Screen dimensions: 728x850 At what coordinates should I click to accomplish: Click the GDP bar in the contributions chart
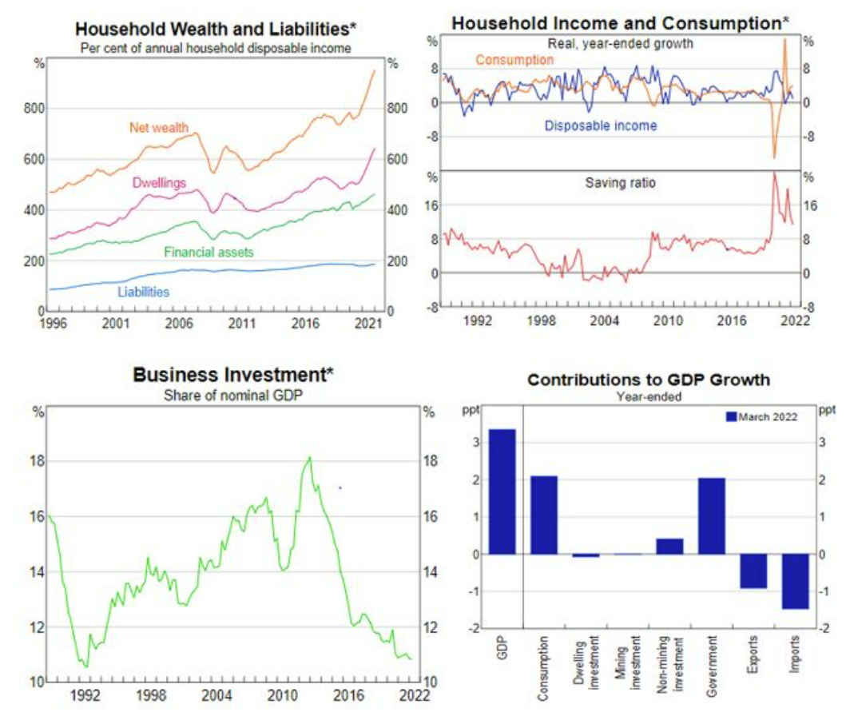tap(502, 491)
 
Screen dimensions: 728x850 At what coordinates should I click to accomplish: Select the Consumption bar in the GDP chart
tap(543, 515)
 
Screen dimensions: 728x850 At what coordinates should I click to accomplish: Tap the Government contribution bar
tap(710, 515)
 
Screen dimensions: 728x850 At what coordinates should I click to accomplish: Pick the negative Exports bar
tap(753, 571)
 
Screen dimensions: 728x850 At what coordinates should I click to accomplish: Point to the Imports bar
tap(795, 581)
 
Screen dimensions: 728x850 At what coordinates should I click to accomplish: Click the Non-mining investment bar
tap(669, 546)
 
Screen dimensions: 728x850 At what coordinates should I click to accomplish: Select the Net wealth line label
tap(159, 126)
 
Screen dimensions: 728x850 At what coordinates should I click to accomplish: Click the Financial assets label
tap(209, 253)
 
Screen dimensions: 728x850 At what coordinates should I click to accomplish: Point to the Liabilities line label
tap(143, 292)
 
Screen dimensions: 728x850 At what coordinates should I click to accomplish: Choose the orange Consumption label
tap(514, 60)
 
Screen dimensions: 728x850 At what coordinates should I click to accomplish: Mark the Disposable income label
tap(600, 125)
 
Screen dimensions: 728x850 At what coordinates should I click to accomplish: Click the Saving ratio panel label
tap(620, 183)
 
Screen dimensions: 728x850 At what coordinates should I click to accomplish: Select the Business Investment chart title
tap(233, 374)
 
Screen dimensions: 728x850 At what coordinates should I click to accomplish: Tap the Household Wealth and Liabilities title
tap(216, 28)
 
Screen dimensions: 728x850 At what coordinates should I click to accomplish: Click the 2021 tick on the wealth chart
tap(367, 324)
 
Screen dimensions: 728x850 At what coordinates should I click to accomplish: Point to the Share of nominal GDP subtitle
tap(233, 394)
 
